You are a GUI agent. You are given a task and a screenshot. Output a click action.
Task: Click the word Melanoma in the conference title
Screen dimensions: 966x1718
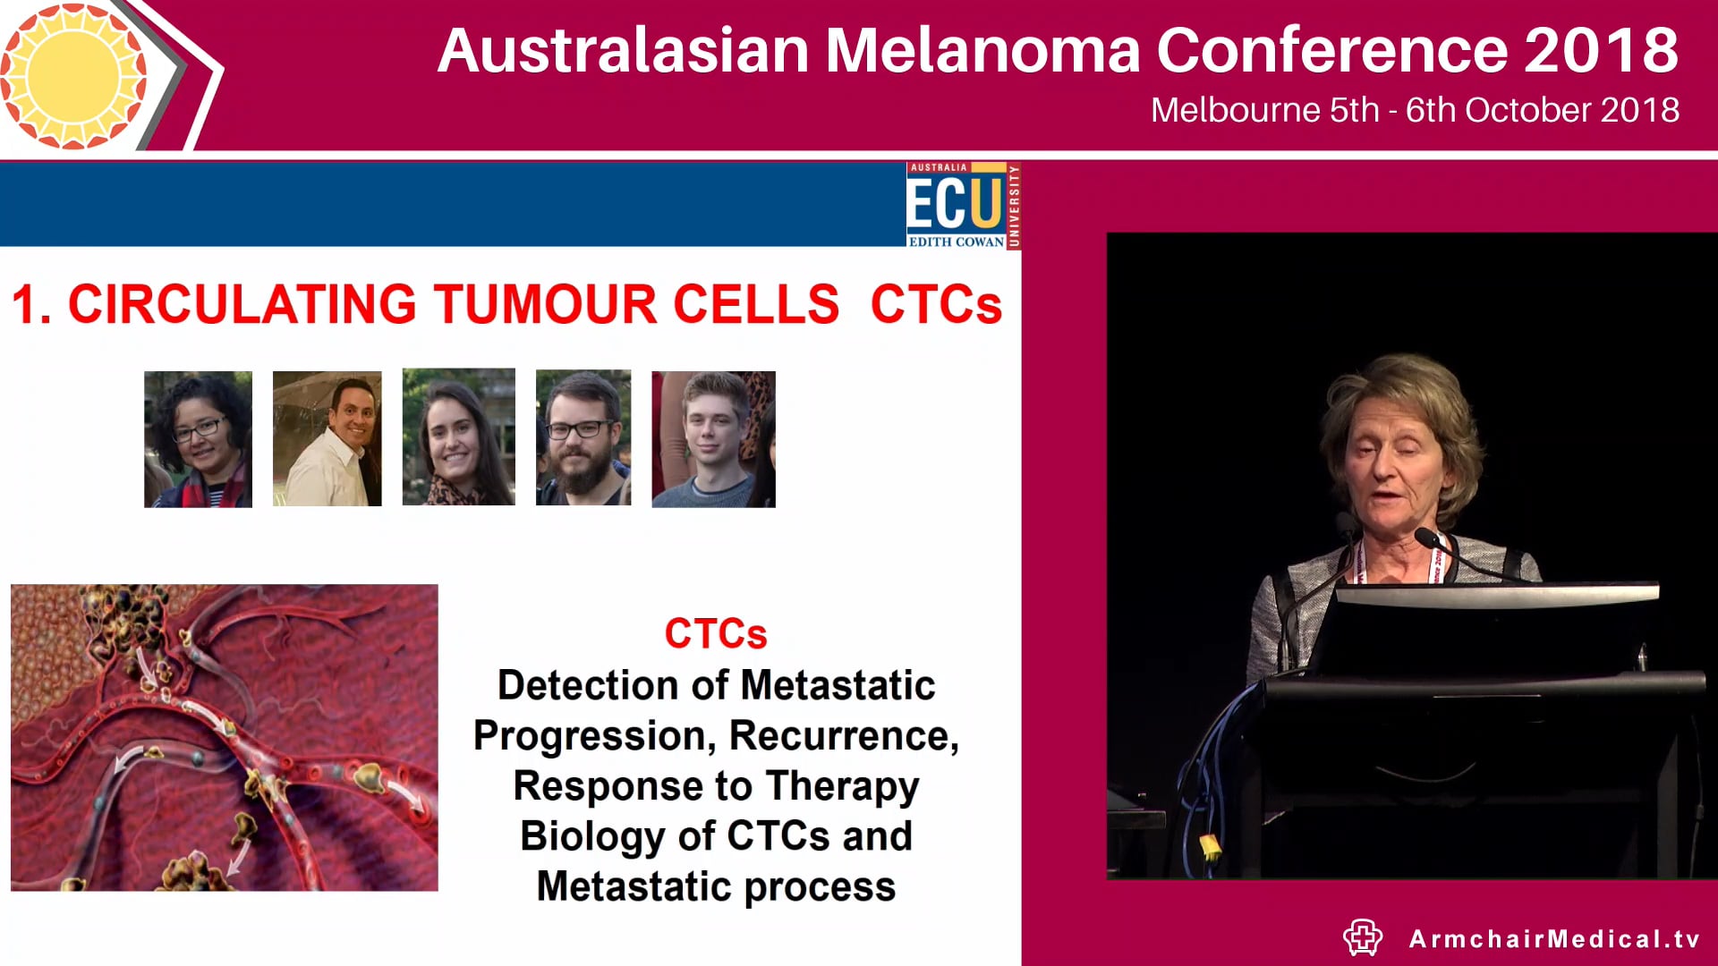tap(982, 50)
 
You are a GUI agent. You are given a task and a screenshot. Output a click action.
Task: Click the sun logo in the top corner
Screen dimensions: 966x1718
tap(73, 75)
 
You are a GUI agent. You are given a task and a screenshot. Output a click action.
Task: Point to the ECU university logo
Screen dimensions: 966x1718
tap(963, 206)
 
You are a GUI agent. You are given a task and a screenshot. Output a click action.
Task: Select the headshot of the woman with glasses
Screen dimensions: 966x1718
tap(198, 439)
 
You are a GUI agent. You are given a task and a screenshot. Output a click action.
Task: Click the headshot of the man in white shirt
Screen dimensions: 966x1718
tap(327, 439)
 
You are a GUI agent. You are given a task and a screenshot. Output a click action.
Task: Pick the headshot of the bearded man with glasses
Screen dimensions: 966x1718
tap(583, 438)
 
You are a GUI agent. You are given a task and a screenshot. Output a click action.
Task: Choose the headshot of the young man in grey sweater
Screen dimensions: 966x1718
tap(713, 439)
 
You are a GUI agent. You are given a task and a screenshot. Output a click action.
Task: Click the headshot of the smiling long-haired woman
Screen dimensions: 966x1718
tap(458, 437)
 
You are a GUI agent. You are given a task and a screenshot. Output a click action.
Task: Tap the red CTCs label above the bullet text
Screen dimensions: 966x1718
tap(715, 634)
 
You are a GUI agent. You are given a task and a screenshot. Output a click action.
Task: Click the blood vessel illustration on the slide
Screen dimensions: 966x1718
tap(224, 737)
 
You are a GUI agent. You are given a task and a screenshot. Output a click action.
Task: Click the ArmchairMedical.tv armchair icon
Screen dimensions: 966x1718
tap(1363, 937)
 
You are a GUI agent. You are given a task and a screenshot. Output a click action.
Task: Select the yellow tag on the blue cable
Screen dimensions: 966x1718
tap(1209, 844)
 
